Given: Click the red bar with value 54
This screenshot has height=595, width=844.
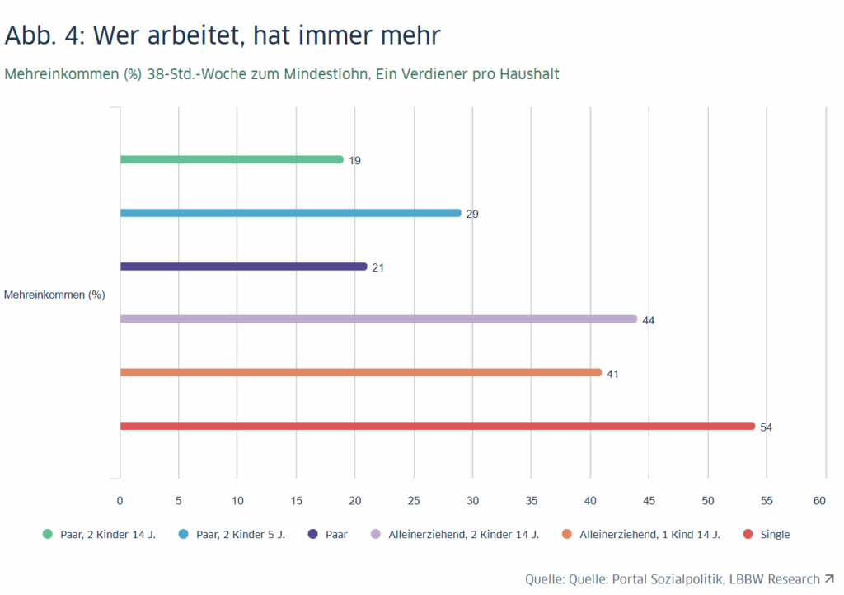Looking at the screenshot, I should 437,426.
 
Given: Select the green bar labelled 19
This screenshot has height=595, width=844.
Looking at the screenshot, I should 232,159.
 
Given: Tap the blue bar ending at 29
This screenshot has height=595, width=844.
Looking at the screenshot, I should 290,213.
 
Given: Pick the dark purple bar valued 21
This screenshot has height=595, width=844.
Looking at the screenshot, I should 243,267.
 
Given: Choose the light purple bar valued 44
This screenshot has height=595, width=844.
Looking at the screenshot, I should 378,319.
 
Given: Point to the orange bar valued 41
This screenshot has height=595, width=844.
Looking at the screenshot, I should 360,372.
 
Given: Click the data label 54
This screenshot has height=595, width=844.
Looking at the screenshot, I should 766,427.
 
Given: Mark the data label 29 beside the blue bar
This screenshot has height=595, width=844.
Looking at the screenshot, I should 472,214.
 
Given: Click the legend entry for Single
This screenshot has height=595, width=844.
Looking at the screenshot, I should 775,534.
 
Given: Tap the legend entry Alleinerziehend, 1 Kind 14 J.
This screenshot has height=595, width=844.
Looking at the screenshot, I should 649,534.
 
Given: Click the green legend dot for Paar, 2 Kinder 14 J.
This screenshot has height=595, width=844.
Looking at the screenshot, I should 47,534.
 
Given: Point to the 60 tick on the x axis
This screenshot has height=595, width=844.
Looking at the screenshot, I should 819,501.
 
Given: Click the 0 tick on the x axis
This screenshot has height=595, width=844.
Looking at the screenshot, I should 120,501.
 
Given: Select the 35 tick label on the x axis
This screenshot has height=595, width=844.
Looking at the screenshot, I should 531,501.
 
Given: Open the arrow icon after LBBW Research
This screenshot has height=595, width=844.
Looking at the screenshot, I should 828,578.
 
